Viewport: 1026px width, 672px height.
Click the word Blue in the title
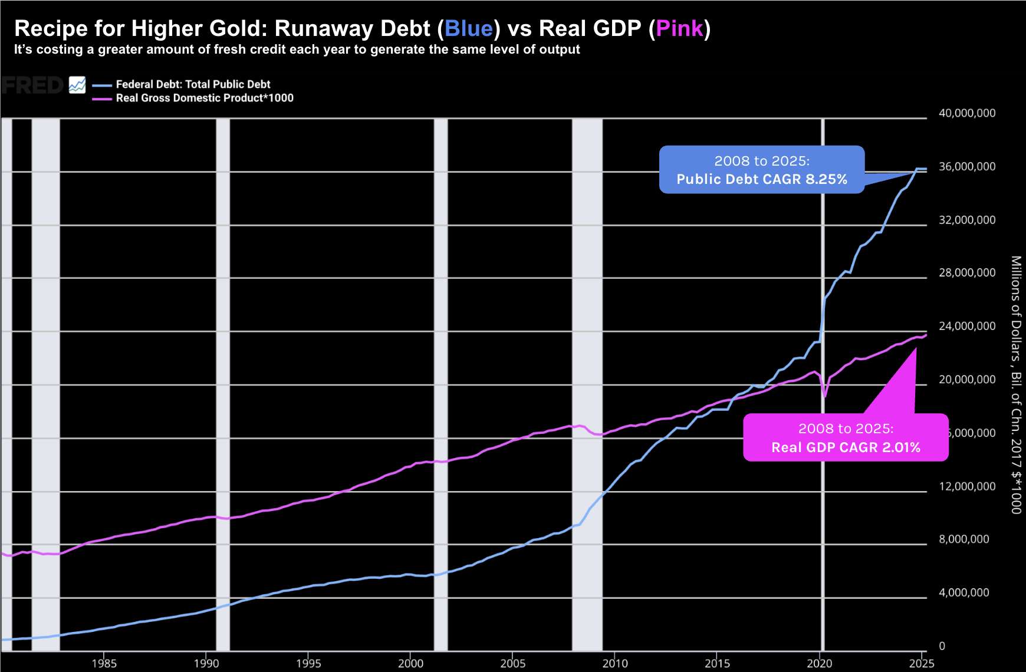(469, 28)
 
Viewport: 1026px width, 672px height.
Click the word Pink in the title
(679, 28)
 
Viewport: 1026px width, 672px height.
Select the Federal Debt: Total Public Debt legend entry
(193, 84)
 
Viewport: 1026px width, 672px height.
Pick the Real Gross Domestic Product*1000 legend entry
(205, 98)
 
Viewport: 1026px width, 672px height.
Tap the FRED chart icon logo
(77, 85)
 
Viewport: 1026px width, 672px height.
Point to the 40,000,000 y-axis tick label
(966, 113)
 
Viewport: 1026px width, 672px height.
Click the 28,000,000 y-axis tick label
(966, 273)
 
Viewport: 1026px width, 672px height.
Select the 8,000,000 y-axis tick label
(963, 539)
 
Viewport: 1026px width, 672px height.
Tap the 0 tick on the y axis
(942, 646)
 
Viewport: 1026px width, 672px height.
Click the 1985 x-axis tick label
(104, 663)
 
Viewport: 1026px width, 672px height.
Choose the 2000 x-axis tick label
(410, 663)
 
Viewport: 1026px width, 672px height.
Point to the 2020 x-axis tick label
(819, 663)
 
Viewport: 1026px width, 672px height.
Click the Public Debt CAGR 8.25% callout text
(761, 179)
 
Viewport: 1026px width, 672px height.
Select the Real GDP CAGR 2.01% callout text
(846, 447)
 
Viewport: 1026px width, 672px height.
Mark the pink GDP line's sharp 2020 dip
(824, 396)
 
